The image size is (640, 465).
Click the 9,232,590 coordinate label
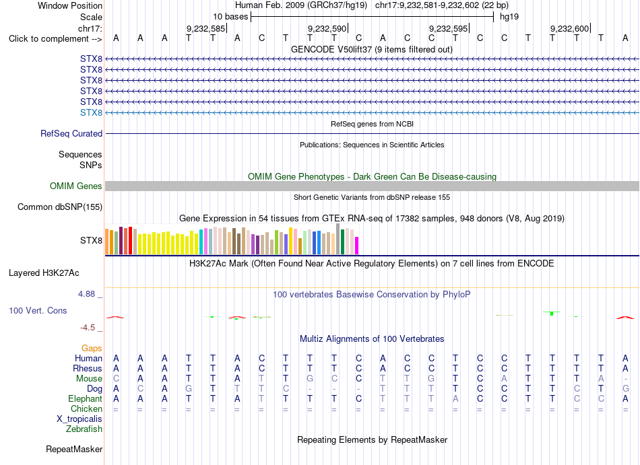pyautogui.click(x=327, y=28)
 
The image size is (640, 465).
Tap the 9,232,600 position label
pyautogui.click(x=569, y=28)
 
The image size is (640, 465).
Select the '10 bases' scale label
pyautogui.click(x=230, y=17)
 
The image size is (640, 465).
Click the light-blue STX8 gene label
pyautogui.click(x=91, y=112)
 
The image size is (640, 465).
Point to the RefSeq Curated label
pyautogui.click(x=71, y=134)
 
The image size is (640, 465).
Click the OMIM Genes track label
pyautogui.click(x=76, y=186)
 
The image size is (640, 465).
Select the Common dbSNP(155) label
pyautogui.click(x=60, y=207)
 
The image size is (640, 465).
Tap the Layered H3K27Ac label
pyautogui.click(x=44, y=273)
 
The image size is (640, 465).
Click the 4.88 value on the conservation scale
pyautogui.click(x=86, y=294)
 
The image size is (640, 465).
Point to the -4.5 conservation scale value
pyautogui.click(x=88, y=328)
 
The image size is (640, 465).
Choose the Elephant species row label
pyautogui.click(x=85, y=398)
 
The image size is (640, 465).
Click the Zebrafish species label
pyautogui.click(x=84, y=429)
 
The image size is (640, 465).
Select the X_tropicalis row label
pyautogui.click(x=79, y=419)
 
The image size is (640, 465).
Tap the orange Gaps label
pyautogui.click(x=92, y=348)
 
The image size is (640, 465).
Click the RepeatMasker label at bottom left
pyautogui.click(x=74, y=449)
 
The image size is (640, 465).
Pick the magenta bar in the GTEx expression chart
pyautogui.click(x=357, y=246)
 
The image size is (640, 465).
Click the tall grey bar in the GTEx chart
pyautogui.click(x=338, y=239)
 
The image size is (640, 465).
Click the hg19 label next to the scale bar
pyautogui.click(x=509, y=17)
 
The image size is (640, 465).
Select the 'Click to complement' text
pyautogui.click(x=49, y=39)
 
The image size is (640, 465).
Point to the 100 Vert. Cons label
pyautogui.click(x=38, y=310)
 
